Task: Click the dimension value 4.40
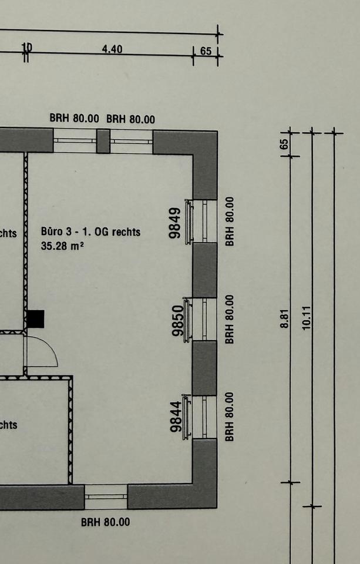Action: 112,49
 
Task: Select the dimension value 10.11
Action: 306,317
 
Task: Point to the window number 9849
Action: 175,223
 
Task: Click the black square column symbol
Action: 36,319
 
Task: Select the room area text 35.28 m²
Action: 62,246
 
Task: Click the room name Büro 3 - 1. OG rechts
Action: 91,232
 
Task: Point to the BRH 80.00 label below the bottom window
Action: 106,522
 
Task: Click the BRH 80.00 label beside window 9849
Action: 230,221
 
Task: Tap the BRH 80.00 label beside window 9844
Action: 230,417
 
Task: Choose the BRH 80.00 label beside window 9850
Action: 230,319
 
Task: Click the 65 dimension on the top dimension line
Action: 206,51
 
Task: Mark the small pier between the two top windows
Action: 103,141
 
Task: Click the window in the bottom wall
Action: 106,496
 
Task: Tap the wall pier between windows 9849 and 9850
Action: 205,270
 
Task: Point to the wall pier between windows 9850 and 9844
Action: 205,368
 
